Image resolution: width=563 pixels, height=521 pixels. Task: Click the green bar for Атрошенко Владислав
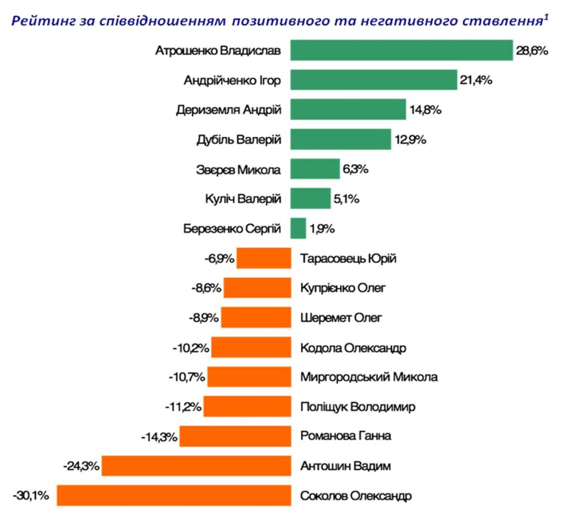coord(401,51)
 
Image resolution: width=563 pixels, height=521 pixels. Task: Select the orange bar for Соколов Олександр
coord(174,495)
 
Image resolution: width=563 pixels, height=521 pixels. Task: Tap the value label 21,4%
coord(477,80)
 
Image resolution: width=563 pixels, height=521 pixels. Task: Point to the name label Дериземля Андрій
coord(229,110)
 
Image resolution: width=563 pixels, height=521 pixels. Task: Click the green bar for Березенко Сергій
coord(298,229)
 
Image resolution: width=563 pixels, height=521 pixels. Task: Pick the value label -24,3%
coord(81,466)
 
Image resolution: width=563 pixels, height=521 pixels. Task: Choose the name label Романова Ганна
coord(346,436)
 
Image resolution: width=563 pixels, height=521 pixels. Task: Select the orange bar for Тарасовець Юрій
coord(264,258)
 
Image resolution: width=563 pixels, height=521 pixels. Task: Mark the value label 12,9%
coord(410,140)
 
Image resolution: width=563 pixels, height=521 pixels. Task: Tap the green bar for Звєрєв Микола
coord(315,169)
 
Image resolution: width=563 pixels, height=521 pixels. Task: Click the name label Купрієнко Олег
coord(344,287)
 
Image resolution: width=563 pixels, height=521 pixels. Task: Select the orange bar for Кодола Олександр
coord(251,347)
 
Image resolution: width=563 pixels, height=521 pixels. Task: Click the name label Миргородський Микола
coord(369,377)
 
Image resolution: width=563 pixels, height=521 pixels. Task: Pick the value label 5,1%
coord(346,199)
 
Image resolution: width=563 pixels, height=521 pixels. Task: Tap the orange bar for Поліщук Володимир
coord(247,407)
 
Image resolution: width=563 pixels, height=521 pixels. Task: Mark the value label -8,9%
coord(203,318)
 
